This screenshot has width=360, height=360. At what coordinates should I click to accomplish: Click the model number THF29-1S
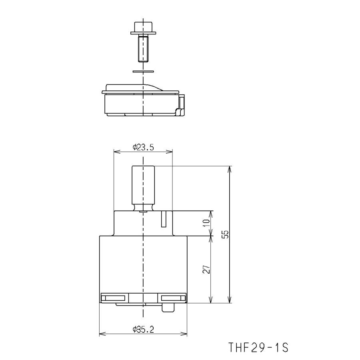[x=258, y=347]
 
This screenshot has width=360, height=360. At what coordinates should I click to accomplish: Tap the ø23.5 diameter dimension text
[x=143, y=147]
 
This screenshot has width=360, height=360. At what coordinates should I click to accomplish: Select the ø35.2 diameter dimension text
[x=143, y=330]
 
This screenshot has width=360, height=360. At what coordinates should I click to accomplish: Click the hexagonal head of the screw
[x=143, y=27]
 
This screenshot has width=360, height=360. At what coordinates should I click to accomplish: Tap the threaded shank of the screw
[x=143, y=49]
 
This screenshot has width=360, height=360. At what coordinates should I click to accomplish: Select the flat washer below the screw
[x=143, y=72]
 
